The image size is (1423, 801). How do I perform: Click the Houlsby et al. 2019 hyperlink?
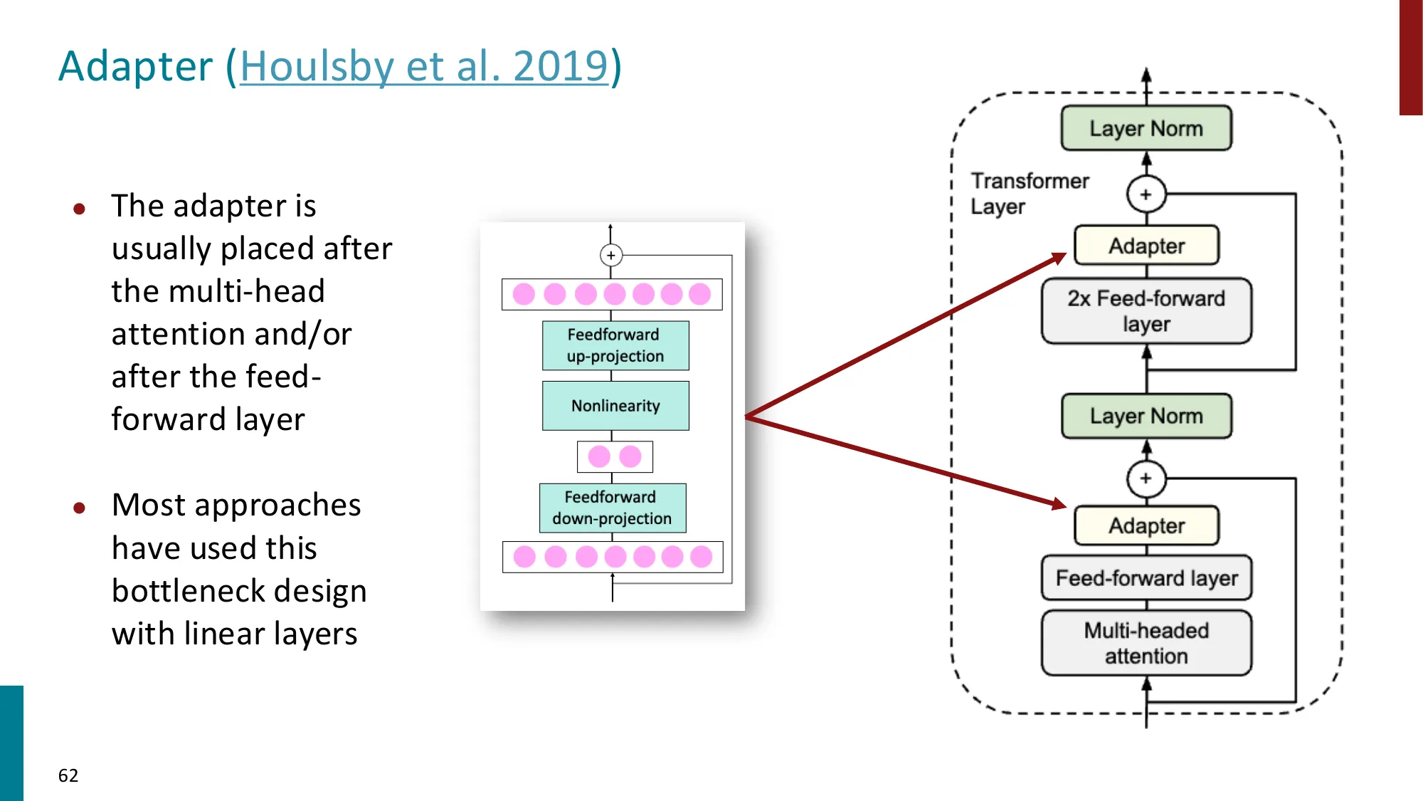(x=424, y=66)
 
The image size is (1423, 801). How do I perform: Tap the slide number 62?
(x=68, y=775)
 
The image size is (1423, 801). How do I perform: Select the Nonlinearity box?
(x=615, y=406)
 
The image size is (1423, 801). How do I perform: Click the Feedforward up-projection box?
(x=615, y=345)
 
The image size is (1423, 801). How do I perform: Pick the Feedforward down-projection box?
(x=613, y=508)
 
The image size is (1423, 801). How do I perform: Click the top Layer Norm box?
(x=1146, y=128)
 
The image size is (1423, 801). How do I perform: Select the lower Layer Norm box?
(x=1146, y=416)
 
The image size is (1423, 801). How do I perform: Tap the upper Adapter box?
(x=1146, y=246)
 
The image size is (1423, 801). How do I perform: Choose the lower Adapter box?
(x=1146, y=525)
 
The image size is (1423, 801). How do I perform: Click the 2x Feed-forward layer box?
(x=1146, y=311)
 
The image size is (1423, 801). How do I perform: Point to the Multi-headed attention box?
(x=1146, y=643)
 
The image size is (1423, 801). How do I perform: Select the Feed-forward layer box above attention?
(x=1146, y=578)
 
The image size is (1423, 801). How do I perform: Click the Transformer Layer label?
(x=1029, y=194)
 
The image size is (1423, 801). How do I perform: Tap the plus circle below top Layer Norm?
(x=1146, y=194)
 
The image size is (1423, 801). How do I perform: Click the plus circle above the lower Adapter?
(x=1146, y=478)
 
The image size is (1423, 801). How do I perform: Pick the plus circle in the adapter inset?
(x=611, y=255)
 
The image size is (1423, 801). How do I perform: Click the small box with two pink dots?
(x=615, y=456)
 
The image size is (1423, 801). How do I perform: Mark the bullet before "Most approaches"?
(x=80, y=508)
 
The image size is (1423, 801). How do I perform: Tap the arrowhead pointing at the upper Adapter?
(x=1059, y=258)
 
